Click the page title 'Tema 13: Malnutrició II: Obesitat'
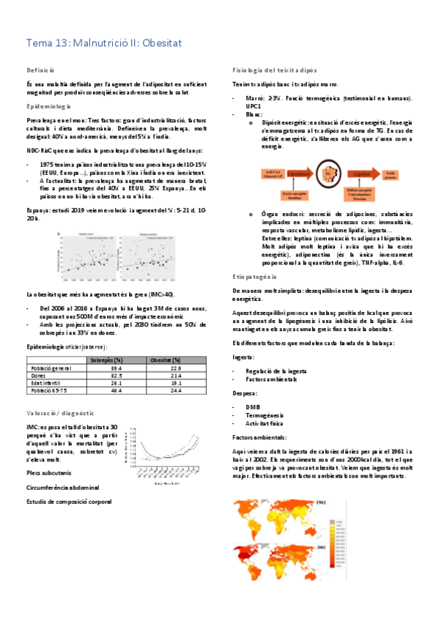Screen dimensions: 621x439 (103, 45)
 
